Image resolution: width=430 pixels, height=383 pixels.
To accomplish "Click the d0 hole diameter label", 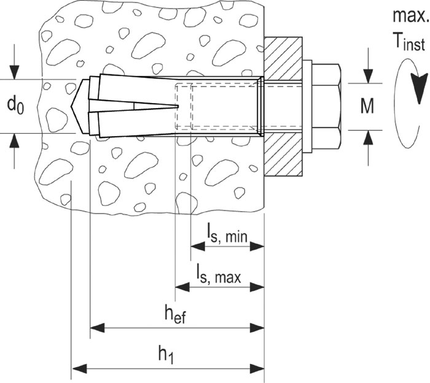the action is [15, 105].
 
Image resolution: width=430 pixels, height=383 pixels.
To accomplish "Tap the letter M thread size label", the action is [367, 106].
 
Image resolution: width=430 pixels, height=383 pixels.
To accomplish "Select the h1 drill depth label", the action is [166, 355].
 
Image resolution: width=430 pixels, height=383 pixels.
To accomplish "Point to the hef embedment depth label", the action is [175, 314].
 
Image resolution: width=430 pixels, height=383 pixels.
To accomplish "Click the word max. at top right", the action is [410, 16].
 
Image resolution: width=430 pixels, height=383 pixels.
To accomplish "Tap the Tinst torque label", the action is [410, 42].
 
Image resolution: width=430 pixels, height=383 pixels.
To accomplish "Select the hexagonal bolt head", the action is [326, 107].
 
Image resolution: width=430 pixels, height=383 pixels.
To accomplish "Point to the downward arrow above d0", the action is [15, 69].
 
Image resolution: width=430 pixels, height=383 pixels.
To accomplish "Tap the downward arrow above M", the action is [368, 69].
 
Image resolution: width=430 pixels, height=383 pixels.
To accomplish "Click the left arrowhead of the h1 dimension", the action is [79, 368].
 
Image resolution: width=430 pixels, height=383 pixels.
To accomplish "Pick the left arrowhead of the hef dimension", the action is [97, 328].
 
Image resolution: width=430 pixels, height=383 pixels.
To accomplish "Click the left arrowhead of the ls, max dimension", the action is [182, 287].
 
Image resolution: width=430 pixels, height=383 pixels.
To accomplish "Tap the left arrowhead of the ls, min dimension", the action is [197, 247].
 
